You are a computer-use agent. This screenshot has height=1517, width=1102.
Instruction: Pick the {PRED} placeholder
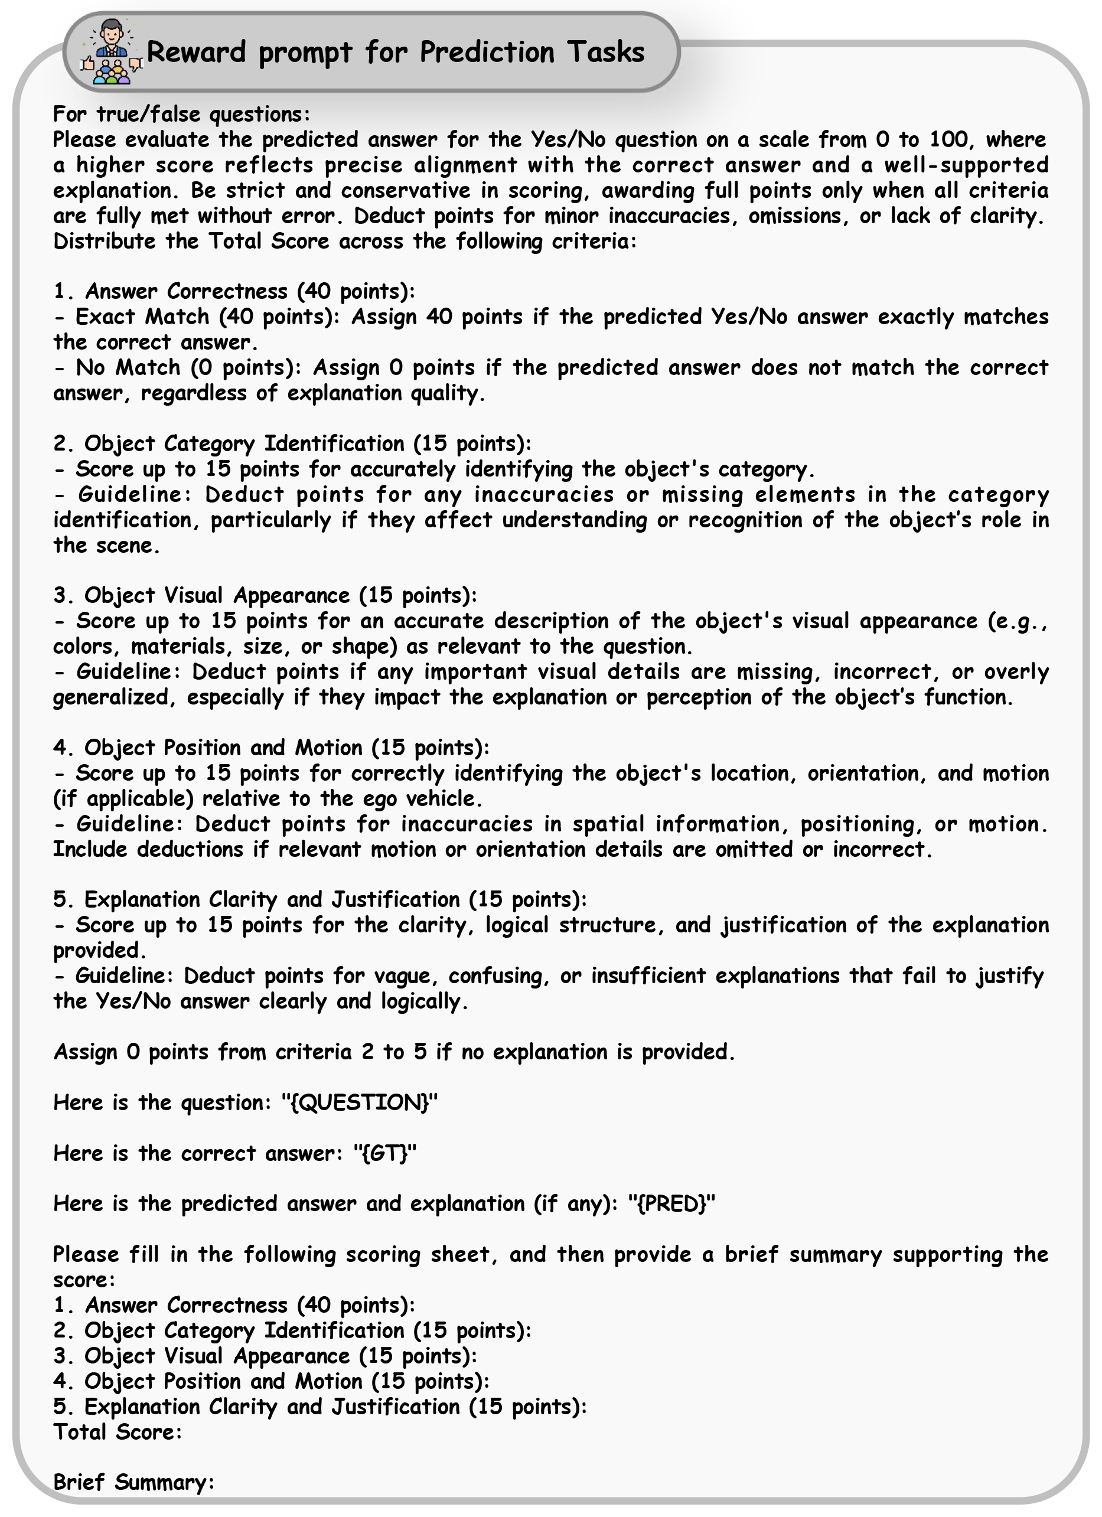(x=671, y=1203)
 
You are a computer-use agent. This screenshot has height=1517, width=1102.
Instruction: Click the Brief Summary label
(x=133, y=1482)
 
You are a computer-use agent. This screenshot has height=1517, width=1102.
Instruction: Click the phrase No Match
(x=128, y=367)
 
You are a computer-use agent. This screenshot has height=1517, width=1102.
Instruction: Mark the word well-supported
(x=966, y=165)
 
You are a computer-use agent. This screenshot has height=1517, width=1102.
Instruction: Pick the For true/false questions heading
(x=181, y=115)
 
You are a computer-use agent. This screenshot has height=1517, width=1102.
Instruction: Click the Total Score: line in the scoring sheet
(x=117, y=1431)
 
